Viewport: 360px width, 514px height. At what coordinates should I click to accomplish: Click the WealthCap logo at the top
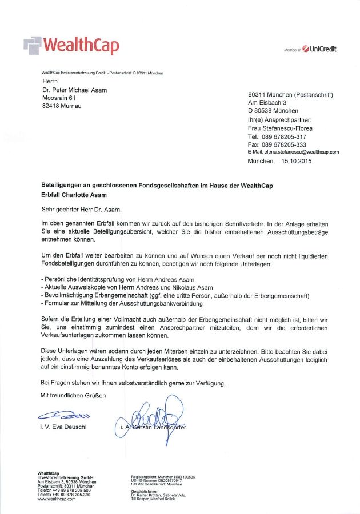click(72, 45)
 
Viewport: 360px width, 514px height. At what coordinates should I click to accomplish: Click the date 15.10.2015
click(296, 162)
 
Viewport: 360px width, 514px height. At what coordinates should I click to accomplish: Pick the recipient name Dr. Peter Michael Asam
click(74, 90)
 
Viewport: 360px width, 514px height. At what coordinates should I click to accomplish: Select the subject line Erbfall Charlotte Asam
click(74, 195)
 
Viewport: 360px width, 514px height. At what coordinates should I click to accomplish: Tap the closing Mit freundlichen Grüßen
click(73, 395)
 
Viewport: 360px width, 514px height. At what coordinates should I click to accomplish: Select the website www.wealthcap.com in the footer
click(56, 499)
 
